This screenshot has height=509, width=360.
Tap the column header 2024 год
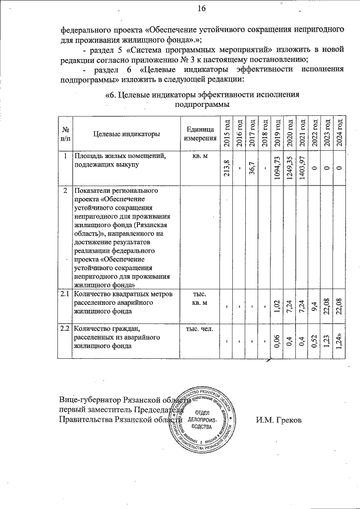339,134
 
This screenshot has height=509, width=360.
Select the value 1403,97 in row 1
302,168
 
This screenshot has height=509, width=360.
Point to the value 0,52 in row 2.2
314,340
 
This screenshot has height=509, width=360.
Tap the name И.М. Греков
278,420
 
